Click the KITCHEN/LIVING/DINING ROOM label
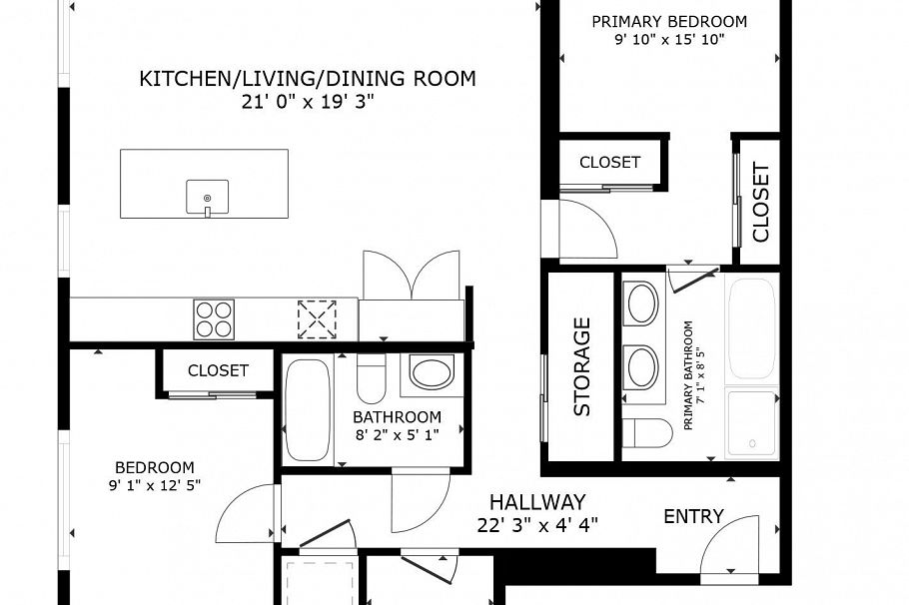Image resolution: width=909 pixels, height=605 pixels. point(307,79)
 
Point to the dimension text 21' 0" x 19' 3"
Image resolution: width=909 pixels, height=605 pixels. point(307,102)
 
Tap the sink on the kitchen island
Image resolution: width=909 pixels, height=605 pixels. point(207,197)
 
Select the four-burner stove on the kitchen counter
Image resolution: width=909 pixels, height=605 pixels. point(214,319)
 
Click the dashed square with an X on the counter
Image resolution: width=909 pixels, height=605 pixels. point(317,319)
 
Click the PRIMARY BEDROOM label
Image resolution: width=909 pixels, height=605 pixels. point(669,21)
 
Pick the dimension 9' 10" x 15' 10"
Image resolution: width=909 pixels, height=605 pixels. point(669,40)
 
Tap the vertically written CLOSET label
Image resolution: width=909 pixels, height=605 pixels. point(761,203)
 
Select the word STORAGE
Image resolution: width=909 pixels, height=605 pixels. point(582,366)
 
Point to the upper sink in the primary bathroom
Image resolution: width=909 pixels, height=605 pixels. point(641,302)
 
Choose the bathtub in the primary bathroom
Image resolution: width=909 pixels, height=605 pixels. point(752,327)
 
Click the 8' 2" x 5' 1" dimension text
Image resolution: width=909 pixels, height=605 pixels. point(397,433)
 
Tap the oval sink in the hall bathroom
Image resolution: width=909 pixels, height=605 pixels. point(432,375)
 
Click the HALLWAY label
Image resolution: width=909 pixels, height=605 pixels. point(536,502)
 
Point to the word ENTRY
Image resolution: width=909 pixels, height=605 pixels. point(693,516)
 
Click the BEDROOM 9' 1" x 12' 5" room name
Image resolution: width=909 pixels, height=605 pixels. point(154,467)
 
